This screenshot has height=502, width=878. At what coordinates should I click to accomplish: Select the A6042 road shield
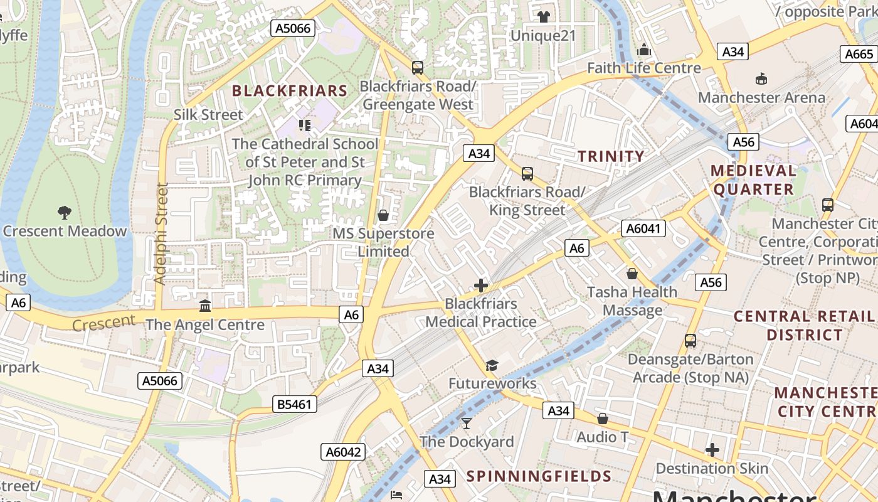tap(344, 452)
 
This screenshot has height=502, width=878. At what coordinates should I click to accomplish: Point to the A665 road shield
tap(859, 54)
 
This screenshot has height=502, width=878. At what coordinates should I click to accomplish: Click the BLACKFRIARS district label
tap(290, 90)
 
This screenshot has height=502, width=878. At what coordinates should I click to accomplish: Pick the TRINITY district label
tap(610, 156)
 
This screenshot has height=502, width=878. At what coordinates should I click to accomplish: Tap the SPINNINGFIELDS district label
tap(539, 476)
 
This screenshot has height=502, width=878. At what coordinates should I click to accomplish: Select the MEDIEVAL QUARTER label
tap(753, 179)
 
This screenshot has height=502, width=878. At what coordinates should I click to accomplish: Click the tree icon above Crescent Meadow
tap(64, 212)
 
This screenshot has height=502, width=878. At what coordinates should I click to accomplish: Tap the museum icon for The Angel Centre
tap(204, 306)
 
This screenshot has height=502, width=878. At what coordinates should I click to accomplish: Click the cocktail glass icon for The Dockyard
tap(466, 423)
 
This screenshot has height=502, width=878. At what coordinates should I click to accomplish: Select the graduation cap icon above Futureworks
tap(492, 365)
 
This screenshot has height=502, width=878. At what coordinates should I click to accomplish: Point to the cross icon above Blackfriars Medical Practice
tap(481, 286)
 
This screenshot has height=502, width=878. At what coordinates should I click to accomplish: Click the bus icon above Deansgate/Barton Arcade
tap(690, 341)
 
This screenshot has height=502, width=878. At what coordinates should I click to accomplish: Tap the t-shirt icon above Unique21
tap(543, 16)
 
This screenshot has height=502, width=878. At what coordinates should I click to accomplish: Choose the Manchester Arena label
tap(761, 97)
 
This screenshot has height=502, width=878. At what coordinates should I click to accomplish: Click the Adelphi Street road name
tap(161, 233)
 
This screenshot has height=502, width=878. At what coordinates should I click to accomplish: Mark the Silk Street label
tap(208, 114)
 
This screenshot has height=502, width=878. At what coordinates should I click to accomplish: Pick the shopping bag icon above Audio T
tap(602, 418)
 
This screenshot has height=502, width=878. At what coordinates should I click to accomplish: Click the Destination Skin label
tap(712, 468)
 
